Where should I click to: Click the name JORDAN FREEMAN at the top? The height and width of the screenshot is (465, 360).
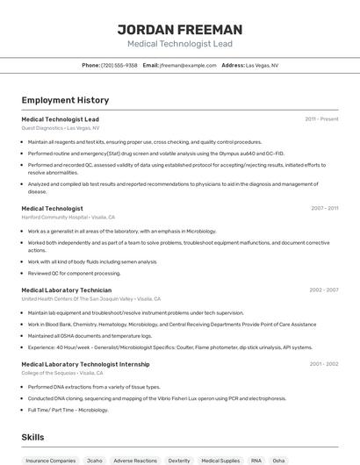(179, 30)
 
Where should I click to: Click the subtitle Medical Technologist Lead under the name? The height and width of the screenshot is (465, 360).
(179, 43)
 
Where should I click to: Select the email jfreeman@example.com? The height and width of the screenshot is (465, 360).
(187, 65)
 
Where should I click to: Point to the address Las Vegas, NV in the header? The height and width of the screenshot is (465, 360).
(262, 65)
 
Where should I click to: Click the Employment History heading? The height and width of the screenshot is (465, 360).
(65, 100)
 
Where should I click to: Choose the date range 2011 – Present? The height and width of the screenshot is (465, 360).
(321, 118)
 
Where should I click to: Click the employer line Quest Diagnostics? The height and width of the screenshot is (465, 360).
(60, 127)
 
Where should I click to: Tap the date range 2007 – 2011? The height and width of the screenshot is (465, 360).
(324, 208)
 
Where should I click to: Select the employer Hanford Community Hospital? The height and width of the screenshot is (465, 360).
(68, 217)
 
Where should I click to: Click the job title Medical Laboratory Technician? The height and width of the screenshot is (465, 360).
(66, 290)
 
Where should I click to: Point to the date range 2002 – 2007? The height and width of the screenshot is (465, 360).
(323, 290)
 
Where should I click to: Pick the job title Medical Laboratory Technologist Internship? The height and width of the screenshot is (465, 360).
(85, 364)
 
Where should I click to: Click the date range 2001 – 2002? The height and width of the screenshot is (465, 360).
(323, 364)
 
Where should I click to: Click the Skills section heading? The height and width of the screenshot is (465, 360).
(32, 436)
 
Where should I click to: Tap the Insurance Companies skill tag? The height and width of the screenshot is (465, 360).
(50, 460)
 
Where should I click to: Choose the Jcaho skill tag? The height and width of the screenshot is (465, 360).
(93, 460)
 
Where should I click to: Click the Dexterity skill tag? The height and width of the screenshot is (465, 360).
(179, 460)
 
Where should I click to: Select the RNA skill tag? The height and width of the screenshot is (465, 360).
(256, 460)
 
